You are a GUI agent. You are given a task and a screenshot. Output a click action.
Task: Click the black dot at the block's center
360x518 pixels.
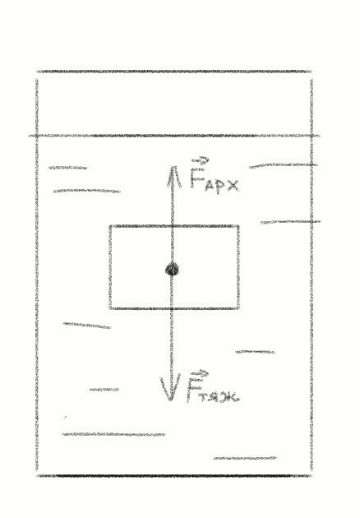click(x=172, y=270)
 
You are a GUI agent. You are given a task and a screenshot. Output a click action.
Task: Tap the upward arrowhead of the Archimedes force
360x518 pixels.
click(x=173, y=177)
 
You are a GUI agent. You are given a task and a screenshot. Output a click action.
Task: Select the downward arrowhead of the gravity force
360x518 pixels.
click(x=170, y=387)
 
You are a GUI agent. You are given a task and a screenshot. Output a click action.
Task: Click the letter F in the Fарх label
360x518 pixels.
click(x=196, y=178)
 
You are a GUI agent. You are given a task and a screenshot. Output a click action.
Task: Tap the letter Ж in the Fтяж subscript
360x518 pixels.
click(x=230, y=397)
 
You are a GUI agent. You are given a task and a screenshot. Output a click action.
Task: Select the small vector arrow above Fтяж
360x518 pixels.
click(x=200, y=373)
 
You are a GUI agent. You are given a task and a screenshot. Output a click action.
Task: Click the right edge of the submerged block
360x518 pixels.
click(x=238, y=267)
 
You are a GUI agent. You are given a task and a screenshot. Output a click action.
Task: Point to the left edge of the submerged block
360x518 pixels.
click(x=110, y=267)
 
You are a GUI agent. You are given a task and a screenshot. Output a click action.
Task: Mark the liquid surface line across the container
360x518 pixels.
click(x=174, y=136)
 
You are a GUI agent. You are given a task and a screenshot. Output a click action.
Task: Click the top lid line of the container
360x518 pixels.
click(x=174, y=72)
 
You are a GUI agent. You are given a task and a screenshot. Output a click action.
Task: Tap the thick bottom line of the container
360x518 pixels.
click(x=174, y=476)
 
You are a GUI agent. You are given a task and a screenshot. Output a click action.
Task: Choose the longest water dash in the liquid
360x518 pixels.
click(x=113, y=434)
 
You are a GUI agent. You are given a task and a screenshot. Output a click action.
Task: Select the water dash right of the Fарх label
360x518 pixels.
click(x=284, y=164)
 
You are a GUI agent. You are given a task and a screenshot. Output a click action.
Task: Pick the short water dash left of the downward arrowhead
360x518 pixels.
click(x=104, y=390)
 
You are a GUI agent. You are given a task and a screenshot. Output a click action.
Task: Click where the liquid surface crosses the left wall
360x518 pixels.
click(x=37, y=136)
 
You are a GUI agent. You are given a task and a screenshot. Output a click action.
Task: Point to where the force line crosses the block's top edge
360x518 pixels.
click(x=172, y=226)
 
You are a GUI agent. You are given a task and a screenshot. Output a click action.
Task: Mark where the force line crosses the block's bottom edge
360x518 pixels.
click(x=172, y=308)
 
